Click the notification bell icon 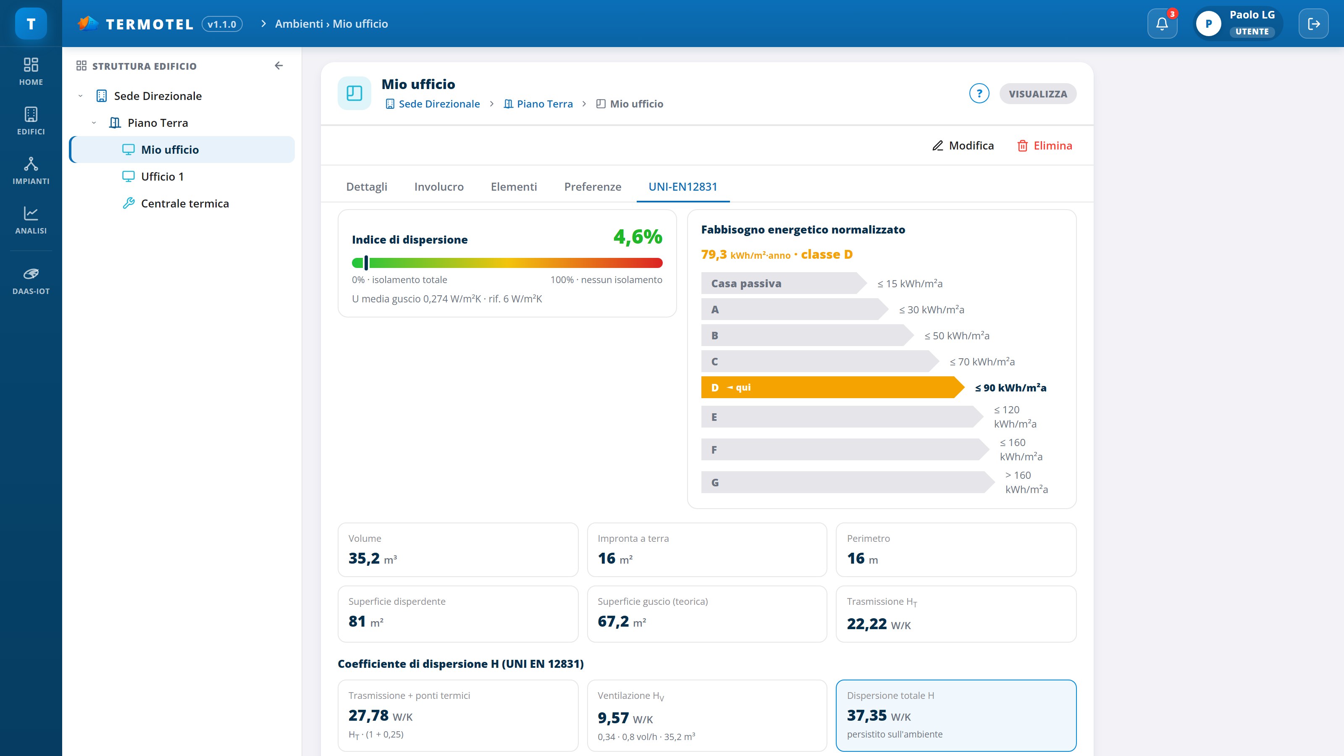click(x=1162, y=24)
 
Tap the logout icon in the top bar click(x=1314, y=24)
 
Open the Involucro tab click(x=439, y=187)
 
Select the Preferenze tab click(x=593, y=187)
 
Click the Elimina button click(x=1045, y=146)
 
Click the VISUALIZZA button click(x=1038, y=94)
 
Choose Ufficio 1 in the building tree click(x=162, y=176)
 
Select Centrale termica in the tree click(x=185, y=203)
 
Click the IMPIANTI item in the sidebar click(x=31, y=171)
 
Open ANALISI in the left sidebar click(x=31, y=220)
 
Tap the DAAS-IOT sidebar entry click(x=31, y=281)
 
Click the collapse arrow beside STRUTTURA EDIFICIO click(x=278, y=66)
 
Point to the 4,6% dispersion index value click(x=638, y=237)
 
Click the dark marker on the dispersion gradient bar click(x=366, y=262)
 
